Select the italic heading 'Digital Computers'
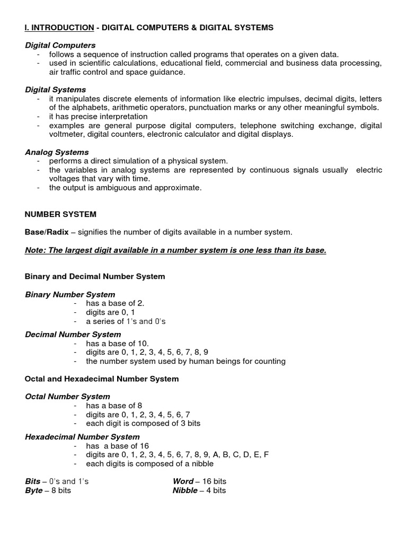(x=60, y=46)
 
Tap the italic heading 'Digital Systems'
(x=56, y=90)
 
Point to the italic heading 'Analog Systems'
(x=57, y=152)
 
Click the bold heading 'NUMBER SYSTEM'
(x=60, y=214)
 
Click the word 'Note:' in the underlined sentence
(x=36, y=250)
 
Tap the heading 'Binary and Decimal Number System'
(x=95, y=276)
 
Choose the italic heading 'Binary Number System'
(x=70, y=294)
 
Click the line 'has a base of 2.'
(x=111, y=303)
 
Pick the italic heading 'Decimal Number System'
(x=73, y=335)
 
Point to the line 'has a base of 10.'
(x=113, y=344)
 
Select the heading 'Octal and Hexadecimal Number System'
(x=102, y=379)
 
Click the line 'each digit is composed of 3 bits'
(x=139, y=424)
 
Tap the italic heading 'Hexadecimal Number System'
(x=82, y=437)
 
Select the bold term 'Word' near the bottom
(x=183, y=481)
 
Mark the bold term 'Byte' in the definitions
(x=34, y=491)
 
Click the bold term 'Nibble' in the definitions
(x=185, y=491)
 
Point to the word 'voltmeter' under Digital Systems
(x=67, y=135)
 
